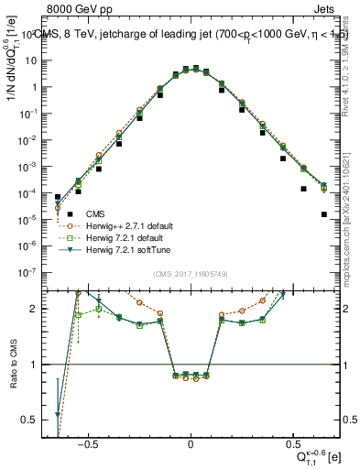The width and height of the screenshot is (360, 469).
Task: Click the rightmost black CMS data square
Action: pyautogui.click(x=324, y=214)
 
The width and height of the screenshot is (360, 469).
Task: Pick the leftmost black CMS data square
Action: pyautogui.click(x=58, y=197)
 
